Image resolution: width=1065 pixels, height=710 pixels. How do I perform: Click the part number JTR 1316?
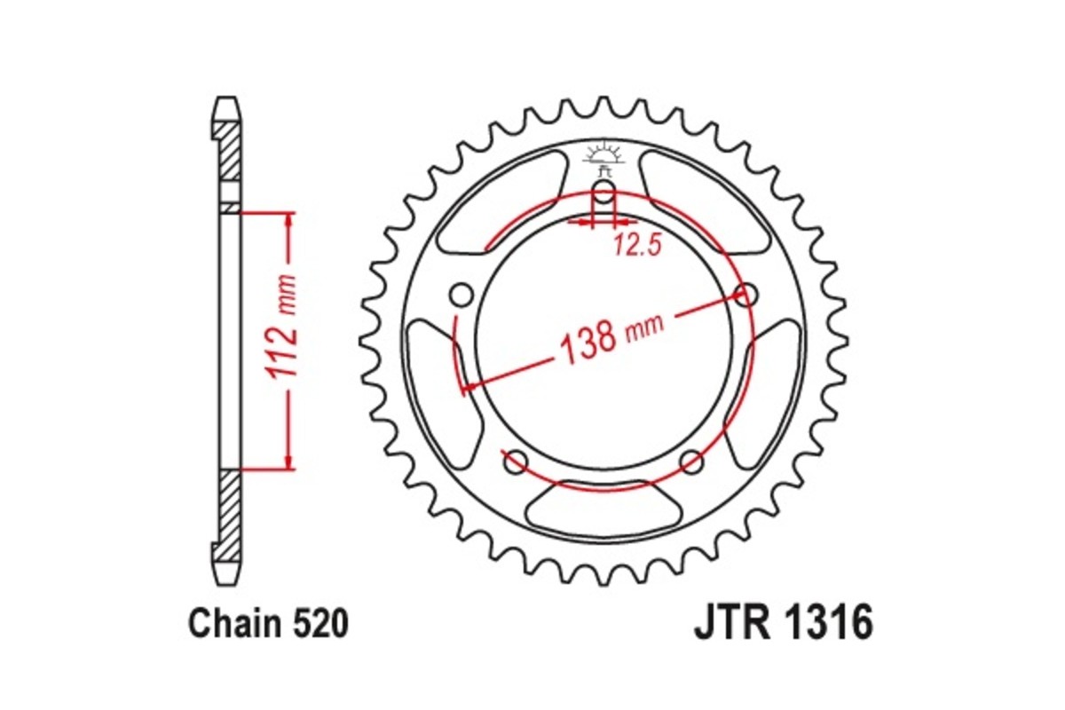pyautogui.click(x=783, y=624)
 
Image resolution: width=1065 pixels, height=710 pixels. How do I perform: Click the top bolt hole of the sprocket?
pyautogui.click(x=603, y=193)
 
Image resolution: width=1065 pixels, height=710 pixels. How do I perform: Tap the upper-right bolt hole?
pyautogui.click(x=748, y=294)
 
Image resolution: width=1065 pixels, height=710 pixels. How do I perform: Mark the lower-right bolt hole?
pyautogui.click(x=692, y=460)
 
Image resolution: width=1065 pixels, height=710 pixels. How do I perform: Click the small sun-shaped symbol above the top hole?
pyautogui.click(x=603, y=158)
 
